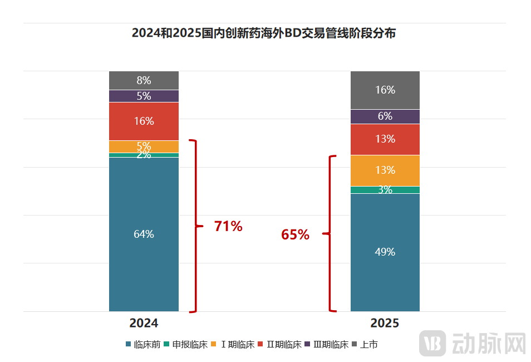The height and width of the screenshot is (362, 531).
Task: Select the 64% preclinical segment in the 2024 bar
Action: tap(144, 234)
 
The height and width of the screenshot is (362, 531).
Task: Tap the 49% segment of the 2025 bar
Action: tap(385, 252)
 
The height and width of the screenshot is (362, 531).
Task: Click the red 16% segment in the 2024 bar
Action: tap(144, 121)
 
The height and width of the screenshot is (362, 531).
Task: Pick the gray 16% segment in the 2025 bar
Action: tap(385, 90)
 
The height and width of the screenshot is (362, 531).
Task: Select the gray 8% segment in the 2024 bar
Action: tap(144, 80)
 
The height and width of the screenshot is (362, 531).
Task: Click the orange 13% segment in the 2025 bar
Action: tap(385, 170)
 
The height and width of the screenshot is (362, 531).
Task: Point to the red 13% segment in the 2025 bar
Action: tap(385, 139)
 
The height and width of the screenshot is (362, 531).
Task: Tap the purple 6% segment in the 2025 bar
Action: tap(385, 116)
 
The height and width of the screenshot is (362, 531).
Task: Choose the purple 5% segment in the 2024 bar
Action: tap(144, 96)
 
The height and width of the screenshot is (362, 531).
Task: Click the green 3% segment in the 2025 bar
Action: tap(385, 190)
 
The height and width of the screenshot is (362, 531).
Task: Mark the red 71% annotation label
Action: tap(228, 227)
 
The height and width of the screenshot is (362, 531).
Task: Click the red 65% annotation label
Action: tap(295, 235)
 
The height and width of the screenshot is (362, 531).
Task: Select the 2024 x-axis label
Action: tap(144, 323)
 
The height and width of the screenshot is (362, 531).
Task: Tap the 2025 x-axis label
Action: tap(385, 323)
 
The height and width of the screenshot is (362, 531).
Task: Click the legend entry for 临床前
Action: tap(144, 345)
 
